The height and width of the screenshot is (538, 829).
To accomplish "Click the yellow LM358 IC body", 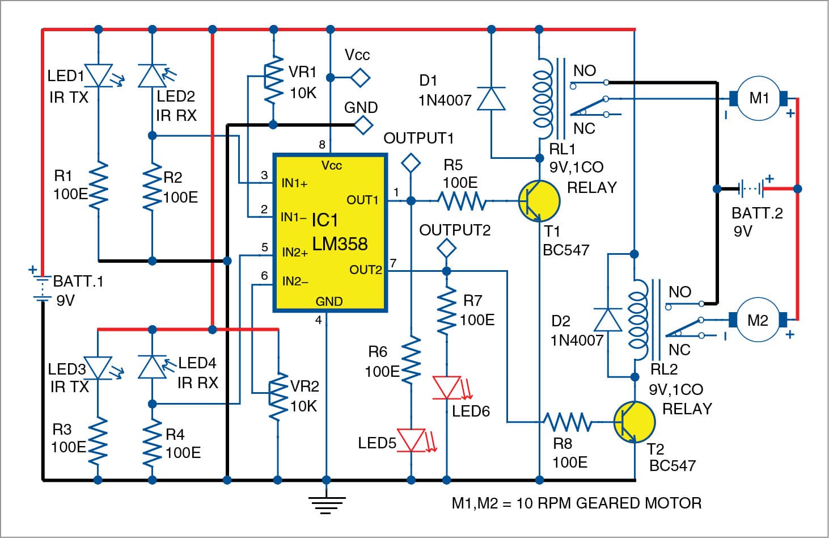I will click(330, 233).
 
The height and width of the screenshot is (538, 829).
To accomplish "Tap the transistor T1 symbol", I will click(539, 201).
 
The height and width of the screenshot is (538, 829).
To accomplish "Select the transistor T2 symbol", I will click(634, 422).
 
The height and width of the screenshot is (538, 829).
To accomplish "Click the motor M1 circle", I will click(759, 99).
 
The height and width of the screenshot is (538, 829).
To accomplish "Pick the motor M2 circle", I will click(758, 321).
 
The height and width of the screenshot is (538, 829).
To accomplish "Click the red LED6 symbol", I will click(447, 388).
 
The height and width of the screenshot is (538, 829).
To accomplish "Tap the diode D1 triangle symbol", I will click(492, 98).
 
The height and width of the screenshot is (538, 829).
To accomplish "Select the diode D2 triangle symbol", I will click(607, 320).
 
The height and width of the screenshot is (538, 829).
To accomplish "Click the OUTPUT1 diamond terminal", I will click(411, 163).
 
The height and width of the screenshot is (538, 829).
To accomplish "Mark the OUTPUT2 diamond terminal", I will click(447, 248).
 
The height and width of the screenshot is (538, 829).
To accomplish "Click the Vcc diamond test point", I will click(360, 77).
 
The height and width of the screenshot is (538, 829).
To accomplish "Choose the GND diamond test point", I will click(360, 125).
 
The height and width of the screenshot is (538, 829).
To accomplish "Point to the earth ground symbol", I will click(327, 502).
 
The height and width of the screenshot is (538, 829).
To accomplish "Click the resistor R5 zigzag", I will click(462, 201).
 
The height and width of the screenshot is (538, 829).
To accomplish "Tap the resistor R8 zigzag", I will click(567, 422).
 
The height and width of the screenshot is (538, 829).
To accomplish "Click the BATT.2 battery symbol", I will click(752, 187).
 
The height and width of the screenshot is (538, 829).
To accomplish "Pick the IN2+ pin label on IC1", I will click(295, 252).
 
